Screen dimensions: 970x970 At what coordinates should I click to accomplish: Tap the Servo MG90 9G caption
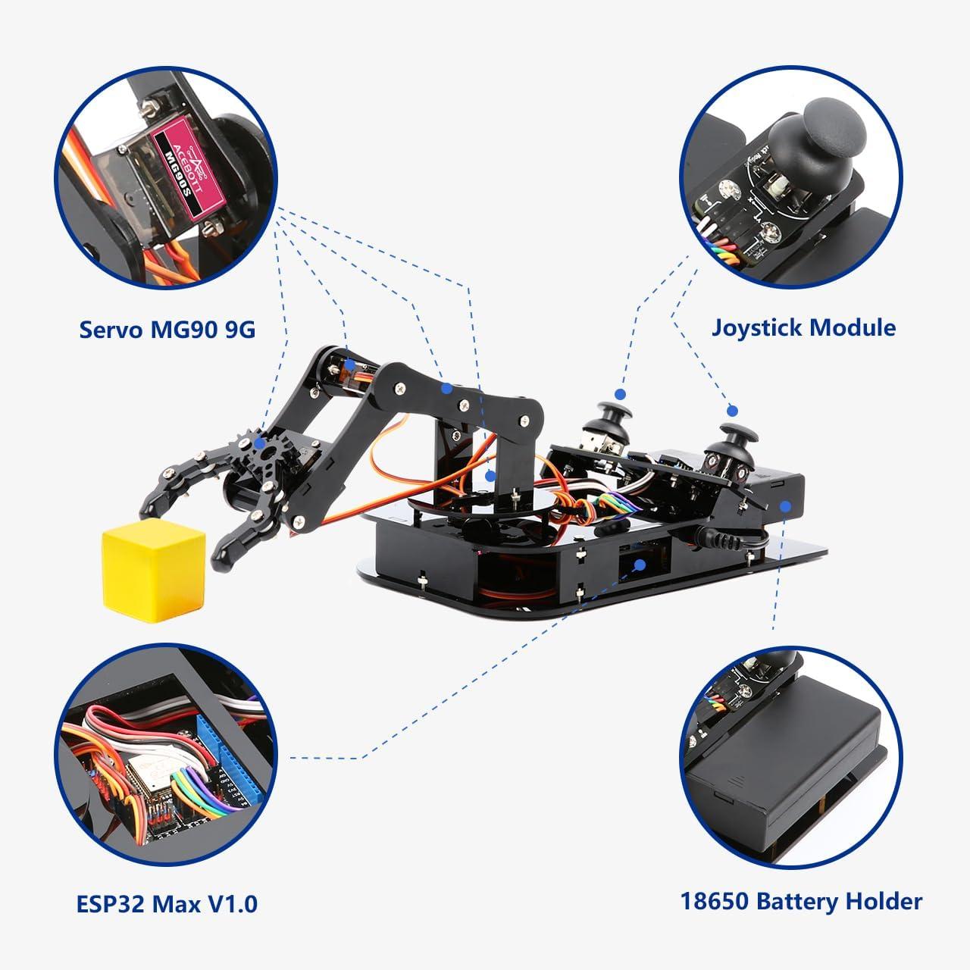(x=167, y=330)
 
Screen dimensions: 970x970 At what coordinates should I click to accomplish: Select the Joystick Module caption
(x=803, y=327)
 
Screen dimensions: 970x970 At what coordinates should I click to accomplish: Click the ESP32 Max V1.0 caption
(x=167, y=903)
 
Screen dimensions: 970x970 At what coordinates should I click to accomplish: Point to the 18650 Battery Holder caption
(x=801, y=901)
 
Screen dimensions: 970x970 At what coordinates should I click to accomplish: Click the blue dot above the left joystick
(x=620, y=394)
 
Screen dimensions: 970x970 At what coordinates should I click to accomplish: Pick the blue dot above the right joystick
(x=732, y=410)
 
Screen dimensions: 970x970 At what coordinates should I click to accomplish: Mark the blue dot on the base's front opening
(x=641, y=564)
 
